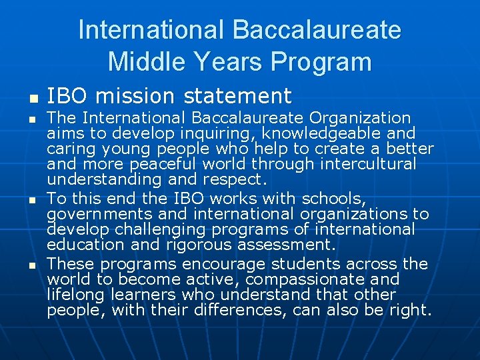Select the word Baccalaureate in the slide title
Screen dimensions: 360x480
317,30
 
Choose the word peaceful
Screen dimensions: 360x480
139,164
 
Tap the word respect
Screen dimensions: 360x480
239,179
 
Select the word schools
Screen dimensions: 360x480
331,199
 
